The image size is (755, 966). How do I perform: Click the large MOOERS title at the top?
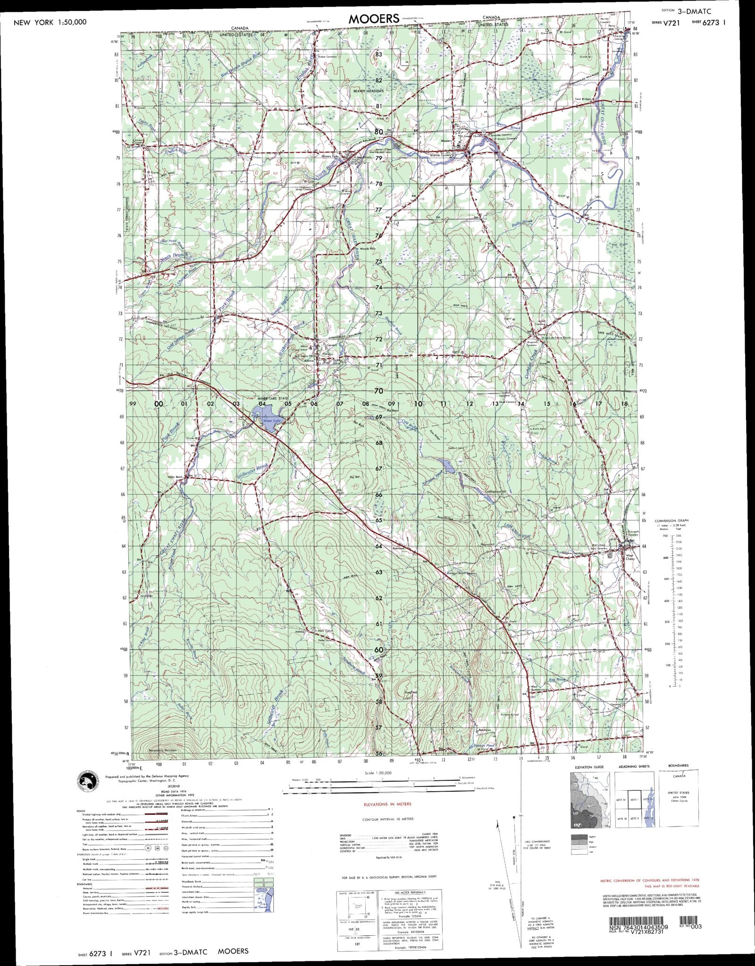point(374,19)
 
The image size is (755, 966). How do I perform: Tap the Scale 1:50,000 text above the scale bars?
point(378,772)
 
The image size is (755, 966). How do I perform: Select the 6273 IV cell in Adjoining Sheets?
point(620,800)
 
